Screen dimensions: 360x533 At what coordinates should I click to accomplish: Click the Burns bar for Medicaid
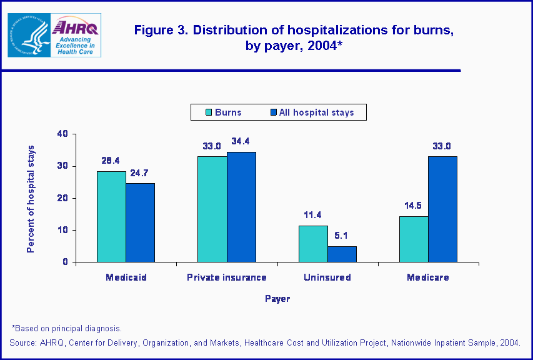pyautogui.click(x=111, y=216)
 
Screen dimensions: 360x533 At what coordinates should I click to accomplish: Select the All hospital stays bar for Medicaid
pyautogui.click(x=140, y=222)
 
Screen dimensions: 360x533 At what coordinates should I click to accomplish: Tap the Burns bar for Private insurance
pyautogui.click(x=212, y=209)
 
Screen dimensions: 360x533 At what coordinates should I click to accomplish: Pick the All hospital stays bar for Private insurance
pyautogui.click(x=241, y=207)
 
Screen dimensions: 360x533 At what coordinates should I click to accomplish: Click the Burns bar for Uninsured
pyautogui.click(x=313, y=244)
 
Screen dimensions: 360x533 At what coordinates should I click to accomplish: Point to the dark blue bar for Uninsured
pyautogui.click(x=342, y=254)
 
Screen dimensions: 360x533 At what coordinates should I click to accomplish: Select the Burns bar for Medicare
pyautogui.click(x=414, y=239)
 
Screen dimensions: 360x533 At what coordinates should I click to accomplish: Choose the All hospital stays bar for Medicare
pyautogui.click(x=442, y=209)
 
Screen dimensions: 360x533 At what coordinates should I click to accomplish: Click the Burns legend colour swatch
pyautogui.click(x=209, y=112)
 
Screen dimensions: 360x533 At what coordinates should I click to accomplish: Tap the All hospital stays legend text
pyautogui.click(x=316, y=112)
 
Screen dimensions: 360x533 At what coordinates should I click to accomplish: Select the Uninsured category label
pyautogui.click(x=327, y=277)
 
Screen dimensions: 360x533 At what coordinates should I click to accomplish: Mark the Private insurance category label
pyautogui.click(x=227, y=277)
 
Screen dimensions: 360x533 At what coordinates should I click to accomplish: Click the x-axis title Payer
pyautogui.click(x=277, y=299)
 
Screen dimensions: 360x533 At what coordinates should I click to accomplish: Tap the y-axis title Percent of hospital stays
pyautogui.click(x=31, y=199)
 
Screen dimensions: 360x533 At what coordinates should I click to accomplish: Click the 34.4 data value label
pyautogui.click(x=241, y=141)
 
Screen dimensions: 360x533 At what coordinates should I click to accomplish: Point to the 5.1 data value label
pyautogui.click(x=342, y=236)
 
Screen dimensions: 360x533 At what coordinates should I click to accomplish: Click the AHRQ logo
pyautogui.click(x=75, y=35)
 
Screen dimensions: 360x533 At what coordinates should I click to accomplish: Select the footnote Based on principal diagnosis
pyautogui.click(x=67, y=328)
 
